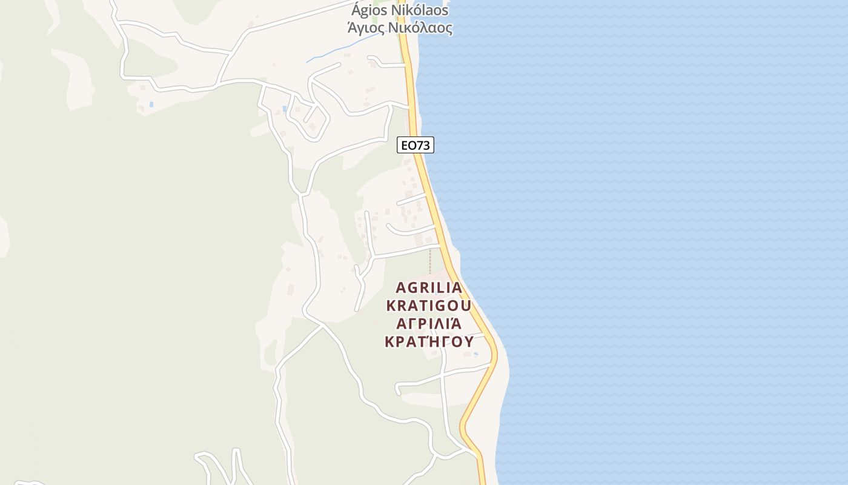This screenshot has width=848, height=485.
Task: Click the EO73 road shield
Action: (416, 145)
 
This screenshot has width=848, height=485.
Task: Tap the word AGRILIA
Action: (429, 287)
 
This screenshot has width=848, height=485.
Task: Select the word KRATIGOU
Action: (428, 305)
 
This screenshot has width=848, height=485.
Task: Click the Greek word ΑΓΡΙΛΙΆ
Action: (428, 323)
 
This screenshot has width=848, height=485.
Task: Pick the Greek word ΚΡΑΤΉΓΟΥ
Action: (429, 341)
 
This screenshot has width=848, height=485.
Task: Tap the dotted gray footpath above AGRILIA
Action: (430, 261)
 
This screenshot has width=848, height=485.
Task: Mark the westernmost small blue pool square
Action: (151, 104)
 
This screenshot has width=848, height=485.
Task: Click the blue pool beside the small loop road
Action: (284, 110)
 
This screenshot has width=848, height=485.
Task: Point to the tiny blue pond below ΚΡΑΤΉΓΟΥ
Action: (475, 354)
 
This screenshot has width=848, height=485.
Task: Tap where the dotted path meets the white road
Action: (430, 247)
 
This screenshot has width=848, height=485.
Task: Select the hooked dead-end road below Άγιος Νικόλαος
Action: (372, 59)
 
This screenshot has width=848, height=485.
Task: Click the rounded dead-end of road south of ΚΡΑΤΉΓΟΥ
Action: (397, 388)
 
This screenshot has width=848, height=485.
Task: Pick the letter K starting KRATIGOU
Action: (391, 305)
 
